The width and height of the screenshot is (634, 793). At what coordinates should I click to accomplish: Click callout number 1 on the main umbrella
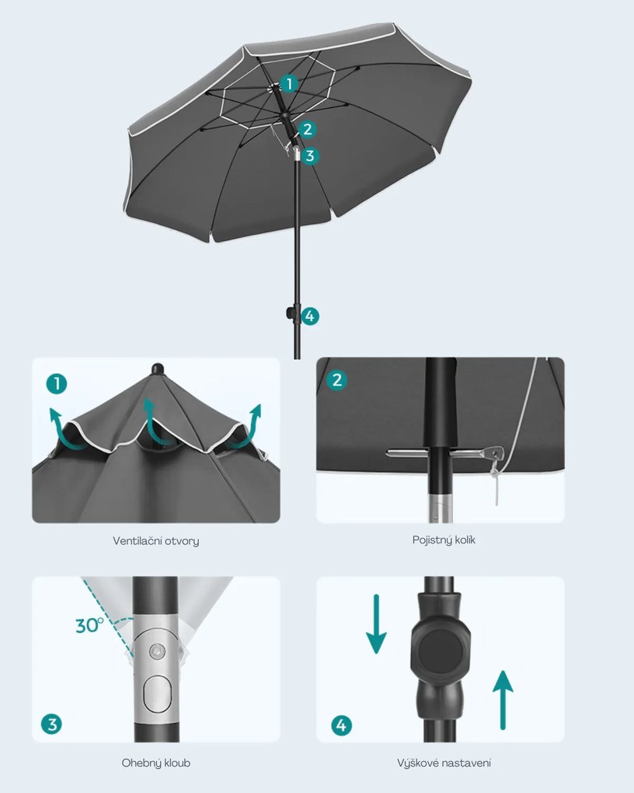coord(289,83)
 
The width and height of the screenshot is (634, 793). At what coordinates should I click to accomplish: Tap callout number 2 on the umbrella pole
coord(307,130)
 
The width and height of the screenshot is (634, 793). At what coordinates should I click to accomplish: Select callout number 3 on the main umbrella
coord(310,155)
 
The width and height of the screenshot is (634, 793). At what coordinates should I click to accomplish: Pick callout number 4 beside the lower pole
coord(310,316)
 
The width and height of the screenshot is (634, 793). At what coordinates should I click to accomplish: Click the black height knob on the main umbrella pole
coord(291,313)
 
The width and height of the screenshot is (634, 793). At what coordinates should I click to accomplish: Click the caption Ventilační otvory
coord(155,541)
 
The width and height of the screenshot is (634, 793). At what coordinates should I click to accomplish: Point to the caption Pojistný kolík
coord(444,540)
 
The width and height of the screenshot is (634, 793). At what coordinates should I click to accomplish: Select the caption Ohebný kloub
coord(155,763)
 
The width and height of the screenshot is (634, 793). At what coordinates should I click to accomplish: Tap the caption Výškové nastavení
coord(444,763)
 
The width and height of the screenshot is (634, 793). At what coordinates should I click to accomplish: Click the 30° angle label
coord(89,625)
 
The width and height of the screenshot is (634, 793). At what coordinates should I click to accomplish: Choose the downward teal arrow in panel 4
coord(376,624)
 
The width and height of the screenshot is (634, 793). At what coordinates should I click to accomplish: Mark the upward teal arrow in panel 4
coord(503,700)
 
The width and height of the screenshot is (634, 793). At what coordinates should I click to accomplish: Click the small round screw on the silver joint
coord(158,652)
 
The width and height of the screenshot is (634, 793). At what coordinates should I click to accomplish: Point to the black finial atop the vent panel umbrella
coord(158,369)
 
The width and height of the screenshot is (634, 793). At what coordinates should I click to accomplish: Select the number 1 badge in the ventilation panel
coord(57,383)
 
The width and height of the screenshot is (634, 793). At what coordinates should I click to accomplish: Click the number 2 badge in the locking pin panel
coord(337,379)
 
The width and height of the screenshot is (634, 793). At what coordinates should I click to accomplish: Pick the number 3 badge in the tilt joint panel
coord(51,725)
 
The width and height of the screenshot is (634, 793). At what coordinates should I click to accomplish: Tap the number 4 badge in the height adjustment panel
coord(341,725)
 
